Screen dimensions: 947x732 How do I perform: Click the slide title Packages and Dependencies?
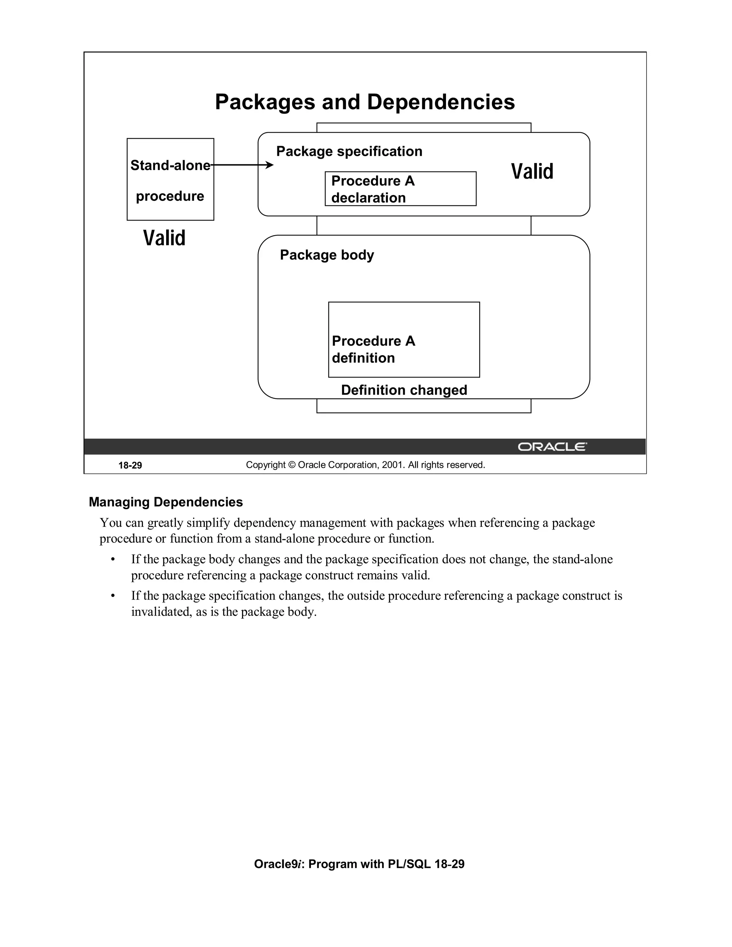[365, 102]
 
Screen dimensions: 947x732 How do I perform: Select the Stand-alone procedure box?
[170, 179]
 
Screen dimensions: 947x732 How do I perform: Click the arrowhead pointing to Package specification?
[270, 165]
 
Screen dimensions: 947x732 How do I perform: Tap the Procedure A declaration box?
[400, 189]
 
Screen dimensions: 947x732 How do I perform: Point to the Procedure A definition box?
[404, 339]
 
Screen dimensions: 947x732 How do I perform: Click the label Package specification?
[349, 151]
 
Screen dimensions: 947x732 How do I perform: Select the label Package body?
[327, 254]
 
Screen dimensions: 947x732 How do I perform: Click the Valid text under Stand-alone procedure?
[164, 238]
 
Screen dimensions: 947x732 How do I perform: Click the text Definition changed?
[404, 390]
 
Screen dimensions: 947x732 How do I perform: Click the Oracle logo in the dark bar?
[552, 447]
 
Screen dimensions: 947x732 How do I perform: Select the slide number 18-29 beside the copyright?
[130, 465]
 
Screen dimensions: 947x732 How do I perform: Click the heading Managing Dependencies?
[165, 502]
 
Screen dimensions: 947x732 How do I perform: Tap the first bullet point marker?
[113, 560]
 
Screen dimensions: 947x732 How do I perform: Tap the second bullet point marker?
[113, 596]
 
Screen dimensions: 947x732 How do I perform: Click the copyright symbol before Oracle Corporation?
[291, 465]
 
